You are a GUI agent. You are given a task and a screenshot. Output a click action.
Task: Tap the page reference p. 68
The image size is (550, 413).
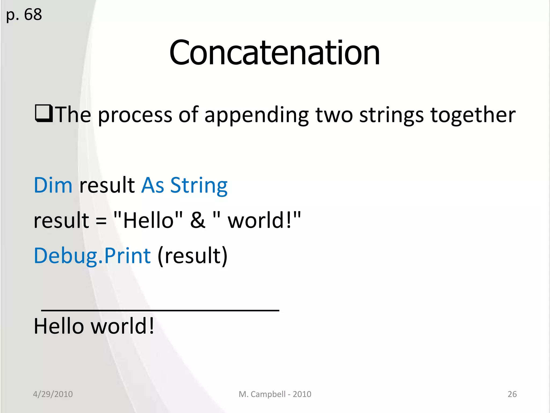pyautogui.click(x=24, y=15)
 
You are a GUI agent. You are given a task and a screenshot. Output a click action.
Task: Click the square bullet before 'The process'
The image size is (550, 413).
pyautogui.click(x=44, y=114)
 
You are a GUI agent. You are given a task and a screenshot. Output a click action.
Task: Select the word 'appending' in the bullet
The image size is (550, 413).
pyautogui.click(x=256, y=115)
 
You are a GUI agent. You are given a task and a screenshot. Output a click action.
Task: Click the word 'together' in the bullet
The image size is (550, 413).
pyautogui.click(x=473, y=115)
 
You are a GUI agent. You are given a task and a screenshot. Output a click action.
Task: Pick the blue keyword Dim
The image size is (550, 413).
pyautogui.click(x=53, y=185)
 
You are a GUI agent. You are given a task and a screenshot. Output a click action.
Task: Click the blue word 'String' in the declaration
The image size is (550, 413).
pyautogui.click(x=199, y=185)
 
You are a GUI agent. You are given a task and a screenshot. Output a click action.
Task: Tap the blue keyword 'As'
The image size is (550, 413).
pyautogui.click(x=153, y=185)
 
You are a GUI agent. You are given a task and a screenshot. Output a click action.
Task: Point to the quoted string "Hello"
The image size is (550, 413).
pyautogui.click(x=148, y=220)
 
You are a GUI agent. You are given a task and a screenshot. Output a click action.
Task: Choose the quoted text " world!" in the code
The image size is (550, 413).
pyautogui.click(x=257, y=220)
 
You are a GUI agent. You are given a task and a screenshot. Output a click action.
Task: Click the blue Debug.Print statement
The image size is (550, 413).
pyautogui.click(x=92, y=256)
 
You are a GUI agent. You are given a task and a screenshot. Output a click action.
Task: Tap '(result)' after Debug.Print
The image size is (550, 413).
pyautogui.click(x=193, y=256)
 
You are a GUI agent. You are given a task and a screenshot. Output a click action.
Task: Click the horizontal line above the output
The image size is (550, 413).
pyautogui.click(x=160, y=311)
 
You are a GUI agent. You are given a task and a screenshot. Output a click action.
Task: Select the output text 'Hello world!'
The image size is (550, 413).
pyautogui.click(x=94, y=326)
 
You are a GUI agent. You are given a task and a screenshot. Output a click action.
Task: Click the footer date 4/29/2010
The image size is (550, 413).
pyautogui.click(x=53, y=394)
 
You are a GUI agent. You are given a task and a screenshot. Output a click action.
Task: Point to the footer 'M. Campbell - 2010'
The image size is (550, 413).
pyautogui.click(x=275, y=394)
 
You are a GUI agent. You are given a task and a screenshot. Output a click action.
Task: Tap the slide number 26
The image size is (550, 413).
pyautogui.click(x=512, y=394)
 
